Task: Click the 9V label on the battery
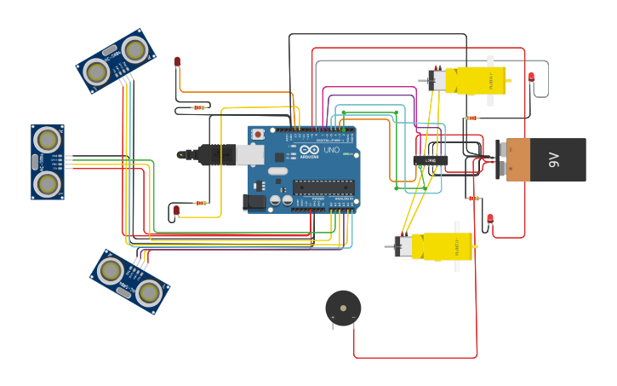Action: point(554,159)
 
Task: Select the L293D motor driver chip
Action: point(431,160)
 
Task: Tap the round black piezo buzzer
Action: point(343,308)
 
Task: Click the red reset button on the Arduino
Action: point(258,135)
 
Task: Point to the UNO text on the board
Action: point(330,149)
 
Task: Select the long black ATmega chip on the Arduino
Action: point(323,187)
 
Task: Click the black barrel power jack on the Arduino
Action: point(254,202)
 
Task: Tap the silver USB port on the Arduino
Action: point(249,154)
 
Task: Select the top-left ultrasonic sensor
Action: point(116,60)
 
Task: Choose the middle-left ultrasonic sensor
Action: point(48,162)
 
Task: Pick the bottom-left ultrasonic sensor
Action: point(129,281)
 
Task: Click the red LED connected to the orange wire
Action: point(177,61)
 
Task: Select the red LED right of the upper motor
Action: point(531,77)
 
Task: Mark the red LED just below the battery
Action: point(490,218)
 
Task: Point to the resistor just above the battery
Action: point(471,118)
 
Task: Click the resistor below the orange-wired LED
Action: point(199,107)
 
